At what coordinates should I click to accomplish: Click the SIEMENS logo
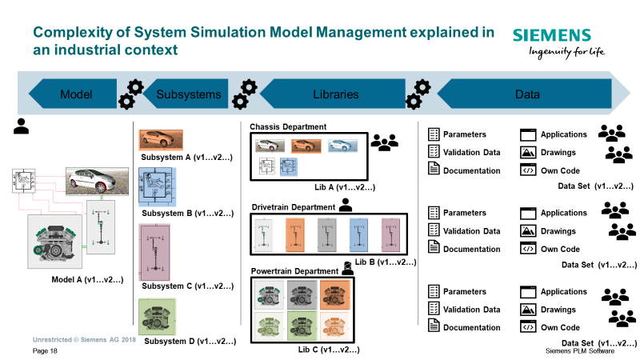[x=551, y=35]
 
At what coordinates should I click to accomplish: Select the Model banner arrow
[x=73, y=94]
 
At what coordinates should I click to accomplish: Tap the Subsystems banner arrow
[x=186, y=94]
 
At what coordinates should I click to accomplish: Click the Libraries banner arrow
[x=333, y=94]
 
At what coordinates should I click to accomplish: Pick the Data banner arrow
[x=525, y=94]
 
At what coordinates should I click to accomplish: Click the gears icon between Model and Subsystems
[x=131, y=94]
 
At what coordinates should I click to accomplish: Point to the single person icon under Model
[x=22, y=126]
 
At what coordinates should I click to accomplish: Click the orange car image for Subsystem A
[x=161, y=140]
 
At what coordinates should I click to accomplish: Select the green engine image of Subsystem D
[x=157, y=317]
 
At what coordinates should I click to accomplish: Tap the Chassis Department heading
[x=288, y=127]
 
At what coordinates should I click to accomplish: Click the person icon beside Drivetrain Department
[x=346, y=205]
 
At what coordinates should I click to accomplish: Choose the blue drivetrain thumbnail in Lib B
[x=358, y=234]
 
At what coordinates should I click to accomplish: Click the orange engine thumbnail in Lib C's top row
[x=335, y=294]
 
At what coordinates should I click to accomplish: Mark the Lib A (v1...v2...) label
[x=345, y=187]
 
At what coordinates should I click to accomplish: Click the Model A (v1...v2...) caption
[x=87, y=279]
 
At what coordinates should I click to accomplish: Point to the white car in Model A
[x=97, y=182]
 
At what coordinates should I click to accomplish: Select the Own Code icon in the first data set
[x=528, y=170]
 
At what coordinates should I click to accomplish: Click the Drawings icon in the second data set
[x=528, y=231]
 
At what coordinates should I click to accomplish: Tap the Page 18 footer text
[x=45, y=351]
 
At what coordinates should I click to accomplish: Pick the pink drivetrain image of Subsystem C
[x=154, y=252]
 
